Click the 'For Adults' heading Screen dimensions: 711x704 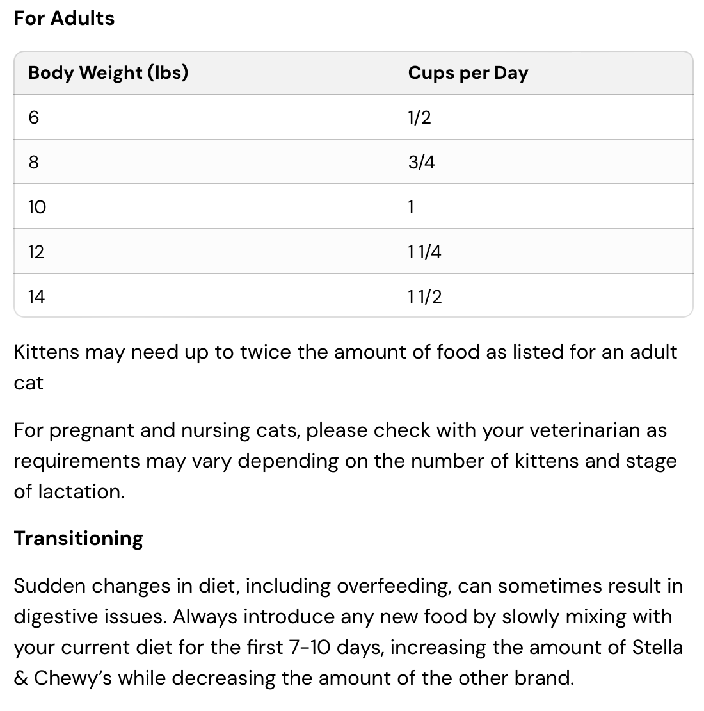64,18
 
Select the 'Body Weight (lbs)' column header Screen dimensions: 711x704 108,72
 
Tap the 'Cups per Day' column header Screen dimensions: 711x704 468,72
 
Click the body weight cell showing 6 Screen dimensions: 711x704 34,117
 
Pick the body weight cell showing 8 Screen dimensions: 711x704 34,162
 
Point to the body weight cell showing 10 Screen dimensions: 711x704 37,207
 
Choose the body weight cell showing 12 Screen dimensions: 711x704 36,252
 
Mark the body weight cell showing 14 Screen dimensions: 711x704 36,297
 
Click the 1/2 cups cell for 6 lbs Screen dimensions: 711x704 419,117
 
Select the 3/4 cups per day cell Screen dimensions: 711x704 421,162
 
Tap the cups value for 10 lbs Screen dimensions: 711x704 411,207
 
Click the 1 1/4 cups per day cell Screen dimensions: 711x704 424,252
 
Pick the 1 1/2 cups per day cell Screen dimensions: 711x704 424,297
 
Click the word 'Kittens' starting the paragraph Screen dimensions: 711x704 46,352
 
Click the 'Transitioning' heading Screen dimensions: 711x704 78,538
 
